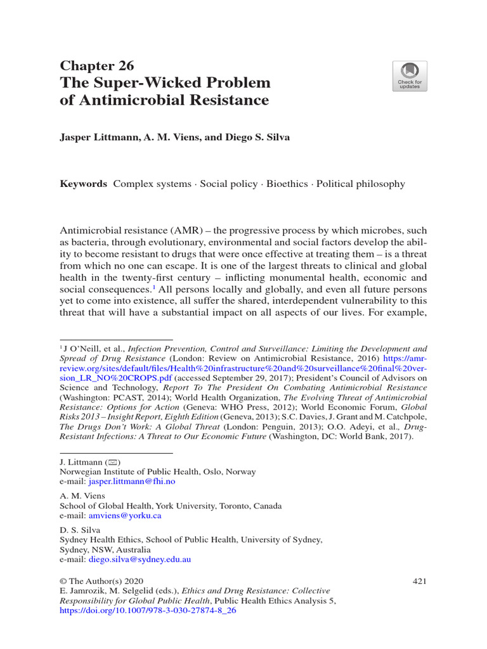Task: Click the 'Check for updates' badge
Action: [409, 76]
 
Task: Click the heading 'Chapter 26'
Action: [96, 66]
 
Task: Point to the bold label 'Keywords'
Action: [83, 184]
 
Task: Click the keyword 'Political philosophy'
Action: [360, 184]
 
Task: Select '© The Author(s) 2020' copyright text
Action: [101, 581]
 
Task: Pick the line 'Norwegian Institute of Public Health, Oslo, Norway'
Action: [158, 472]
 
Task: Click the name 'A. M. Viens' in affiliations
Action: [82, 496]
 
